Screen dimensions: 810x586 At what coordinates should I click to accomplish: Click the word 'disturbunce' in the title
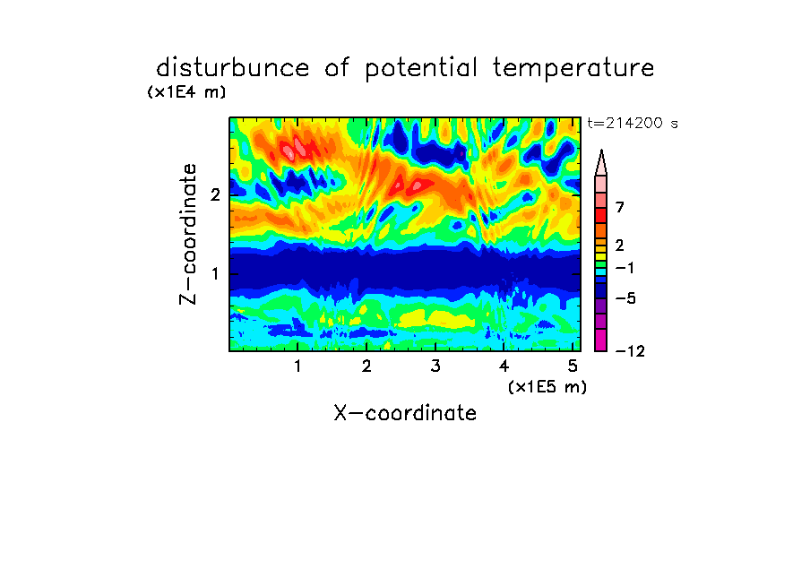tap(232, 68)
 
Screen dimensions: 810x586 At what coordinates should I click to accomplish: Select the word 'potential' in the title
tap(421, 69)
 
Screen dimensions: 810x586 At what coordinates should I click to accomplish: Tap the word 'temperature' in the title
tap(573, 69)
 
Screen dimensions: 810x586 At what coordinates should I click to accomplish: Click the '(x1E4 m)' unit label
tap(186, 92)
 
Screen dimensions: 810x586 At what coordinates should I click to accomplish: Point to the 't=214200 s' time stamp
tap(633, 123)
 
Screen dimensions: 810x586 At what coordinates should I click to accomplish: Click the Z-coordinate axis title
tap(188, 234)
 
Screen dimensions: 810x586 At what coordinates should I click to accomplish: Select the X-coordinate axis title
tap(405, 413)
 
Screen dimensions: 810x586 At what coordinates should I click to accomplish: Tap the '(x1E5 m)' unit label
tap(547, 387)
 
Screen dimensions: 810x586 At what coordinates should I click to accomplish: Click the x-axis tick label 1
tap(297, 366)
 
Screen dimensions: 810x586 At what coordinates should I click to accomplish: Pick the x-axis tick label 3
tap(435, 366)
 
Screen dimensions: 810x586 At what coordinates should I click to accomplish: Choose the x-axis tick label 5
tap(573, 366)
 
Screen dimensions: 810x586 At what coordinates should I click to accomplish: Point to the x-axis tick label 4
tap(504, 366)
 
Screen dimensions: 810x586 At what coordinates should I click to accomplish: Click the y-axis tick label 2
tap(215, 194)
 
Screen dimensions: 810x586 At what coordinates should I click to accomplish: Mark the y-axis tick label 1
tap(215, 273)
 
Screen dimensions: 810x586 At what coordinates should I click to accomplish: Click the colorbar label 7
tap(620, 207)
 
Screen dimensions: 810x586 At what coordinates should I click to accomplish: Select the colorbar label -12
tap(630, 351)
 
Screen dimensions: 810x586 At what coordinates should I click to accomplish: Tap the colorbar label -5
tap(625, 298)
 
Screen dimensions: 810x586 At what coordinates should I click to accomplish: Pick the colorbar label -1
tap(625, 268)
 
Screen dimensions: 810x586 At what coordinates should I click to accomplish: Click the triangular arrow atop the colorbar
tap(601, 163)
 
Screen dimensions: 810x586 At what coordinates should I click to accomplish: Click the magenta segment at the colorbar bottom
tap(601, 340)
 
